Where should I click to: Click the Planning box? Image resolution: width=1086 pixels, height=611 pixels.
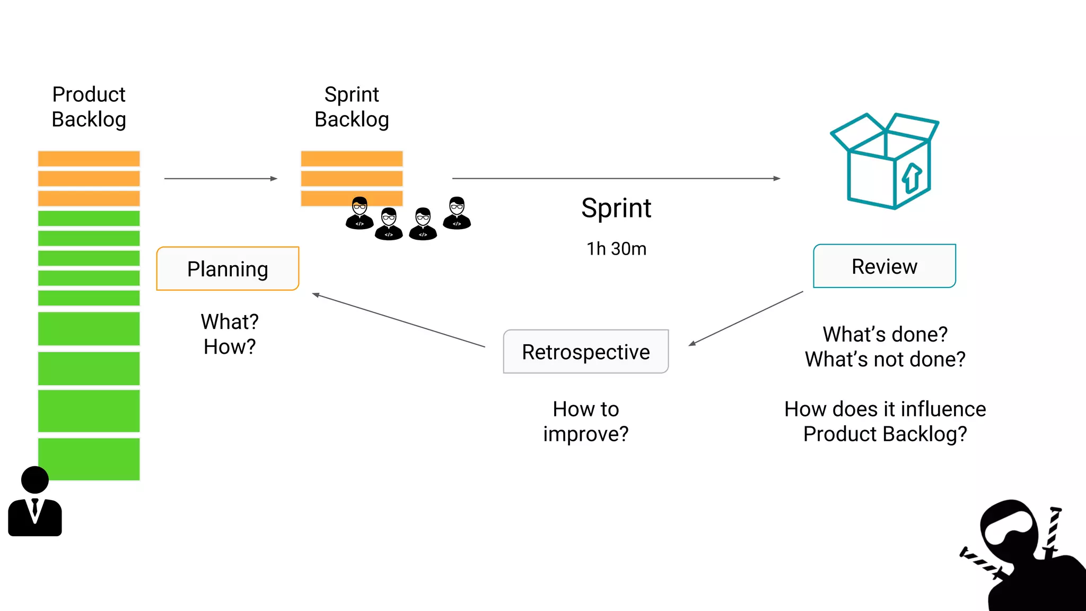click(228, 268)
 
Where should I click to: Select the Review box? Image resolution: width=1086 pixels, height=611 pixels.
click(884, 266)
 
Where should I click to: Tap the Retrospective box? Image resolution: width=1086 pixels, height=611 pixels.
click(586, 352)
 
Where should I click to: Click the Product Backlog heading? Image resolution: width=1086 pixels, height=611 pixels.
click(89, 107)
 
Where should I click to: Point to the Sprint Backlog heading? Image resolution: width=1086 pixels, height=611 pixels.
click(352, 107)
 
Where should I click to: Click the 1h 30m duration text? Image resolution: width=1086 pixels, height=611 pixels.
click(617, 249)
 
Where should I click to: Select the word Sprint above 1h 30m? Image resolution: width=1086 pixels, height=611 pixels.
click(616, 207)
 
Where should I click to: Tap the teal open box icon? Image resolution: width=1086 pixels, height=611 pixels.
click(884, 161)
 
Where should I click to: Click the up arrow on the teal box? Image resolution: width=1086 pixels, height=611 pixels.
click(912, 178)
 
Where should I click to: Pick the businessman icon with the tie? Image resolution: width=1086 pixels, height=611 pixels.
click(35, 501)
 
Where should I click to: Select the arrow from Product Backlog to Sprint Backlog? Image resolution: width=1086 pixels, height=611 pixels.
click(221, 179)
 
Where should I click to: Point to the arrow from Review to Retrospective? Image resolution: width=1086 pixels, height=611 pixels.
click(746, 318)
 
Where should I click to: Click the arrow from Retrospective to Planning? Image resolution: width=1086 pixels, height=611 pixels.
click(399, 320)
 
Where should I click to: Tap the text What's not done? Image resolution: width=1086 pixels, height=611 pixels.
click(885, 359)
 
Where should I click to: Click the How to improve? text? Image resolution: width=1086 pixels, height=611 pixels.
click(586, 421)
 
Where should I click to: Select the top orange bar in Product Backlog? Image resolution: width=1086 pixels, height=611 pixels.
click(89, 159)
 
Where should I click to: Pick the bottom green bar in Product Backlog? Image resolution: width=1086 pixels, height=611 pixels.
click(89, 459)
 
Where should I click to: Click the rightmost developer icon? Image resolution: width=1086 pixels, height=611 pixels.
click(457, 213)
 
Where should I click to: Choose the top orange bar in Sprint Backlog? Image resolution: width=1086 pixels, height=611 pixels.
click(352, 159)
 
